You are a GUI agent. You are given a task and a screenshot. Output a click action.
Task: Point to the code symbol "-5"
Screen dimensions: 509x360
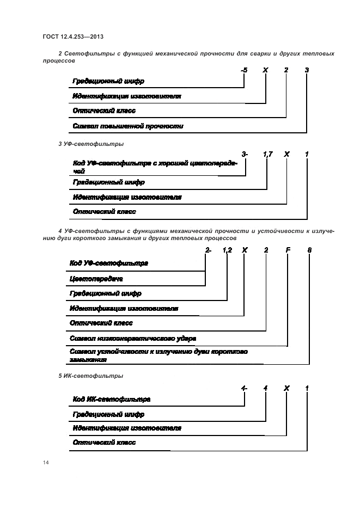pyautogui.click(x=244, y=70)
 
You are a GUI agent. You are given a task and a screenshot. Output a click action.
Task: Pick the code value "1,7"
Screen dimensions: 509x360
pyautogui.click(x=267, y=155)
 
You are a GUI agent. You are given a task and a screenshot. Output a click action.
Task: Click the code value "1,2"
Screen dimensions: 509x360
pyautogui.click(x=227, y=250)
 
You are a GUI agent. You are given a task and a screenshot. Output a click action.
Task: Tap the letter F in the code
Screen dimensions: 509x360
pyautogui.click(x=288, y=250)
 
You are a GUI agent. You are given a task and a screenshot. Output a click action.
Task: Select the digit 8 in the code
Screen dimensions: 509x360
pyautogui.click(x=309, y=250)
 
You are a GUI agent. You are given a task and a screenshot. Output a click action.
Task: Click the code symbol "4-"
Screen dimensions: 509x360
pyautogui.click(x=245, y=388)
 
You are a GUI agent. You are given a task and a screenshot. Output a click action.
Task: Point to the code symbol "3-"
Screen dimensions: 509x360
pyautogui.click(x=245, y=155)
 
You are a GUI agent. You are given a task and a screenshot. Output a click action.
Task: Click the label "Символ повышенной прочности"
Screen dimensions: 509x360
pyautogui.click(x=128, y=126)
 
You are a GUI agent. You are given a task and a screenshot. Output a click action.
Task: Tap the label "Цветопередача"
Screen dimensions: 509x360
pyautogui.click(x=96, y=279)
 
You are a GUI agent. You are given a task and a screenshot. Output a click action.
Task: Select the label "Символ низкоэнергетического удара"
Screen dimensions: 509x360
pyautogui.click(x=133, y=338)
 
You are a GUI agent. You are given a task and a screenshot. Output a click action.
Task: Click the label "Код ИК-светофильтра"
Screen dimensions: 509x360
pyautogui.click(x=112, y=399)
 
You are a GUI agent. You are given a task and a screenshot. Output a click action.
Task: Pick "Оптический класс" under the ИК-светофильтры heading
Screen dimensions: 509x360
pyautogui.click(x=104, y=443)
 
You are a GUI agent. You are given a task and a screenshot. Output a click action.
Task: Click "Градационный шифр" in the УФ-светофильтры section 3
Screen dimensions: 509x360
pyautogui.click(x=108, y=182)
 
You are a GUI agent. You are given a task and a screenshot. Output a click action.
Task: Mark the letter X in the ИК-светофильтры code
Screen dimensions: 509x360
pyautogui.click(x=286, y=388)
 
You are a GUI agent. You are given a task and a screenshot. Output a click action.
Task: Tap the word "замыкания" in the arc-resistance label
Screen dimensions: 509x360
pyautogui.click(x=88, y=360)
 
